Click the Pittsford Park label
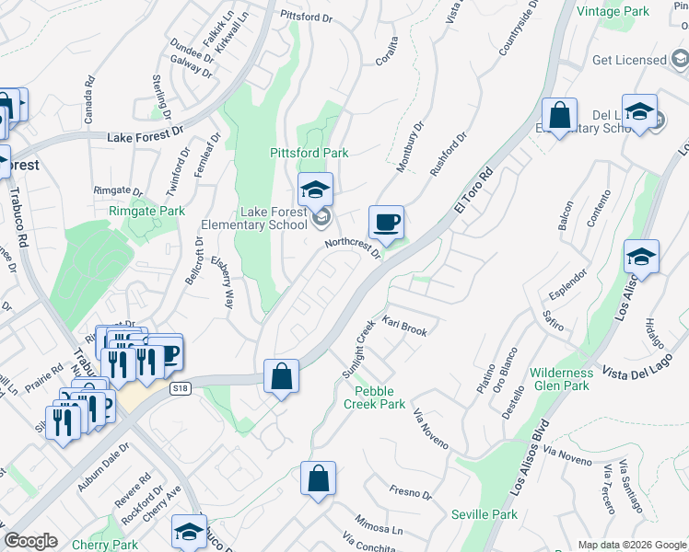point(309,153)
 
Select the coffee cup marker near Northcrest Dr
point(387,223)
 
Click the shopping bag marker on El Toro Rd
point(281,376)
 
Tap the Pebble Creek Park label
point(375,397)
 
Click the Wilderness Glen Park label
point(562,379)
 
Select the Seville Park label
point(484,514)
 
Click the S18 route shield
point(181,389)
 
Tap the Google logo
point(30,541)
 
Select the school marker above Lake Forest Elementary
point(315,190)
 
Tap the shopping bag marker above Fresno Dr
point(318,479)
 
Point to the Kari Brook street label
point(404,327)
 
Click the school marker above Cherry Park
point(189,532)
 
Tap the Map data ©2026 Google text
point(632,545)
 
